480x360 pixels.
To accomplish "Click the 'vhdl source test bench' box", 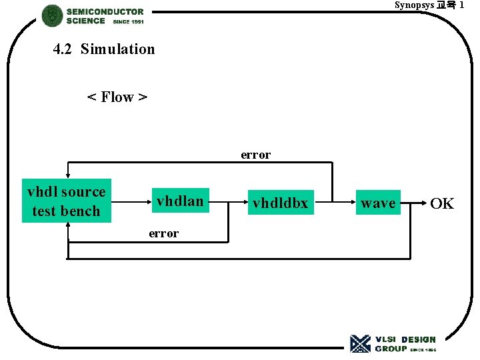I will (66, 201).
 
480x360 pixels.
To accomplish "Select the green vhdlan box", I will (180, 201).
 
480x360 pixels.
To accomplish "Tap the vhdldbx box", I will (280, 203).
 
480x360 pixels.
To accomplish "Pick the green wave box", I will (378, 203).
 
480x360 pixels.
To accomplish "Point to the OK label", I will (442, 203).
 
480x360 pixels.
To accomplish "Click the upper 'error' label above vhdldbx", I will (256, 155).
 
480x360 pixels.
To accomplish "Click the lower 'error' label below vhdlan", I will (163, 233).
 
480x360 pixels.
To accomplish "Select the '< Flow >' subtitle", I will (117, 97).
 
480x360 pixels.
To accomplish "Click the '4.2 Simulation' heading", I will (104, 49).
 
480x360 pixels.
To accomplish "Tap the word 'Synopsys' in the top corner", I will (414, 5).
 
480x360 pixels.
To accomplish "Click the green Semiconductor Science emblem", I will (52, 16).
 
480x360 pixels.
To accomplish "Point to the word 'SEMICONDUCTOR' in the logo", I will (105, 11).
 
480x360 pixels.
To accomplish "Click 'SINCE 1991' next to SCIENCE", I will (129, 21).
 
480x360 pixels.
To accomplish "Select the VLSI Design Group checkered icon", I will (361, 343).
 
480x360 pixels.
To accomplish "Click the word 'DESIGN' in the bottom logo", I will (418, 339).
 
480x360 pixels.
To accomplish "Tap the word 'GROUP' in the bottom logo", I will (391, 349).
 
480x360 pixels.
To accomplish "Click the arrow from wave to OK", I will (413, 203).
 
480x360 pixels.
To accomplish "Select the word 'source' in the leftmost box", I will (83, 192).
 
